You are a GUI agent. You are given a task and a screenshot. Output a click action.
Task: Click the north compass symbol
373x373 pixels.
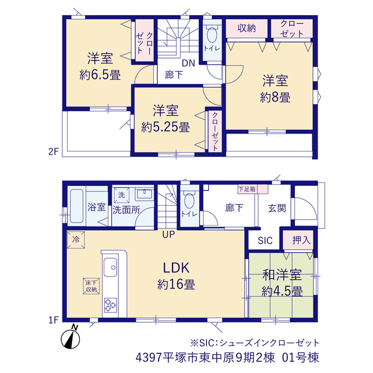pos(71,337)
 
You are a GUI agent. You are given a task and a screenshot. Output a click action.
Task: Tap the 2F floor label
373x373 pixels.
pos(54,152)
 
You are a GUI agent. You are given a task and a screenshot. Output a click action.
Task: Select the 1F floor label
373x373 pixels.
pos(54,320)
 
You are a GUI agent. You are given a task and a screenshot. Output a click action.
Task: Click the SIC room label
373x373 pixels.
pos(265,241)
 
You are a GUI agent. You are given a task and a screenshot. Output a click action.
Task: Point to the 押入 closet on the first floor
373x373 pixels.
pos(298,240)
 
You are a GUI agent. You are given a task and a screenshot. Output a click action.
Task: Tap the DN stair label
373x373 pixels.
pos(188,63)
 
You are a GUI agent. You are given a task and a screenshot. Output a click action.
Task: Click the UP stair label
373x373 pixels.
pos(168,234)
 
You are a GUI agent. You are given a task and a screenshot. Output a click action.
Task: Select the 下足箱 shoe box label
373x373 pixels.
pos(247,189)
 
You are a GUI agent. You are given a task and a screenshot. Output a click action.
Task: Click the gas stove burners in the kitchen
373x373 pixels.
pos(110,305)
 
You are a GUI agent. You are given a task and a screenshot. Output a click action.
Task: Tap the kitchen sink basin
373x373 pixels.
pos(110,268)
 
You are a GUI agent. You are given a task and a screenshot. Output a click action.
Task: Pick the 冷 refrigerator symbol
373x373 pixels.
pos(76,240)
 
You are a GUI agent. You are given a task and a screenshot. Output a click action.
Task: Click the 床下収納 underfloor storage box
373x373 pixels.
pos(91,286)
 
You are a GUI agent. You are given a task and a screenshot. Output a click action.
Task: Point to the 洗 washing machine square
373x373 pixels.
pos(122,195)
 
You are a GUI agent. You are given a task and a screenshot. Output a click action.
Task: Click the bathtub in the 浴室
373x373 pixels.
pos(76,206)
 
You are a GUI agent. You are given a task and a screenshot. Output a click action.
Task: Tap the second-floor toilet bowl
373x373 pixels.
pos(212,35)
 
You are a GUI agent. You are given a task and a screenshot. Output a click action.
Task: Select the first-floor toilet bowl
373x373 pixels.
pos(189,200)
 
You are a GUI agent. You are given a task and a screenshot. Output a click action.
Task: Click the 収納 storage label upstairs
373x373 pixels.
pos(247,28)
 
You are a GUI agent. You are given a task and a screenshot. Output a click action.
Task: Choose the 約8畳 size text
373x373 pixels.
pos(275,97)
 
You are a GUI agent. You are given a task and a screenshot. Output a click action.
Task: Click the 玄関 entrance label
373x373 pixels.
pos(277,208)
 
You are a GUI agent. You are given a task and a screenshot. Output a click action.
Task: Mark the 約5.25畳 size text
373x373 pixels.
pos(166,127)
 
